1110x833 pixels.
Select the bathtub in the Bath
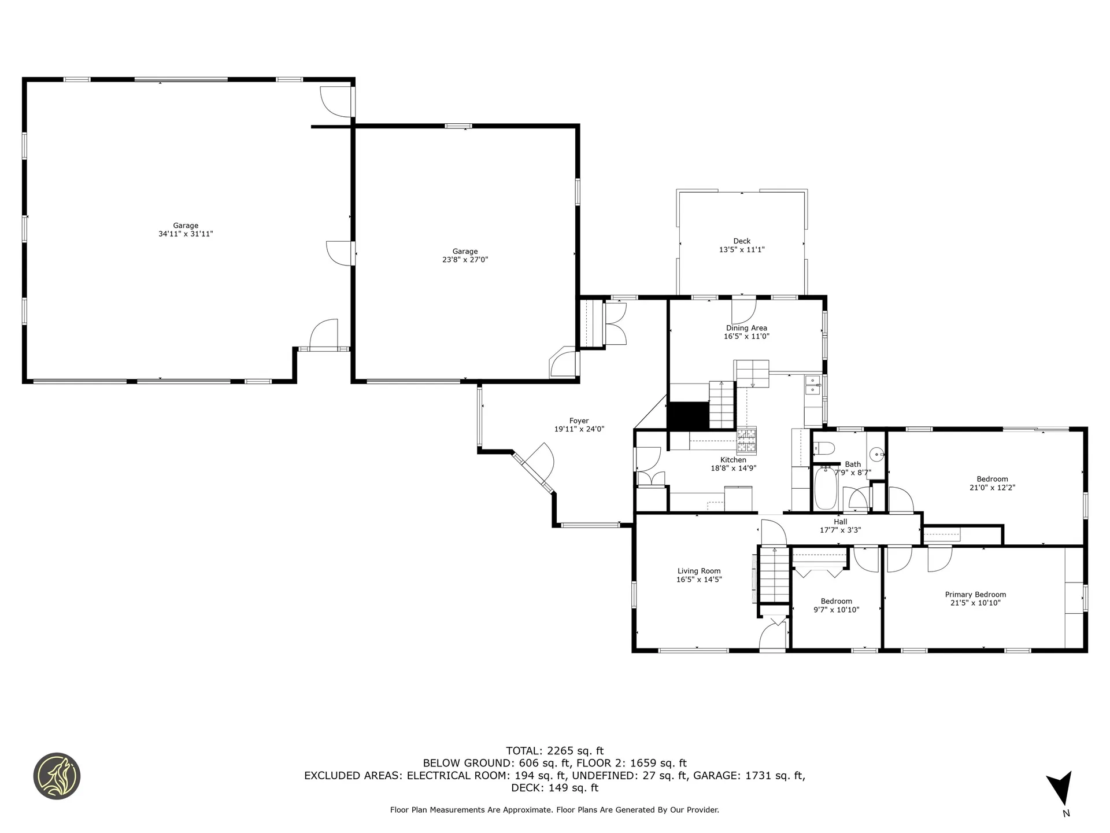point(826,489)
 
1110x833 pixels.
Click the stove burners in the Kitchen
point(746,440)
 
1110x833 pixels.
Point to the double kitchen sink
point(813,385)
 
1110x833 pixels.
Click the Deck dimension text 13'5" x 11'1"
point(742,250)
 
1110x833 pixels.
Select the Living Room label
point(699,571)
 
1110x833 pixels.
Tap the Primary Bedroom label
point(975,595)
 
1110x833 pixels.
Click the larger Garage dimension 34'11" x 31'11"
point(186,234)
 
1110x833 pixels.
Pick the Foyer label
point(579,421)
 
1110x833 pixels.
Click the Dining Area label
point(746,328)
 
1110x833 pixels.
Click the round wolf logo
point(57,776)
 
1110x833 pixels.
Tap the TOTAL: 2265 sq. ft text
point(554,751)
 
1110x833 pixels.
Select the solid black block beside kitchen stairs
point(688,415)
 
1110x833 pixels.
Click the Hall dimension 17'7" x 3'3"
point(840,530)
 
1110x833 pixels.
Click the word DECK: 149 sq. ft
point(554,788)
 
